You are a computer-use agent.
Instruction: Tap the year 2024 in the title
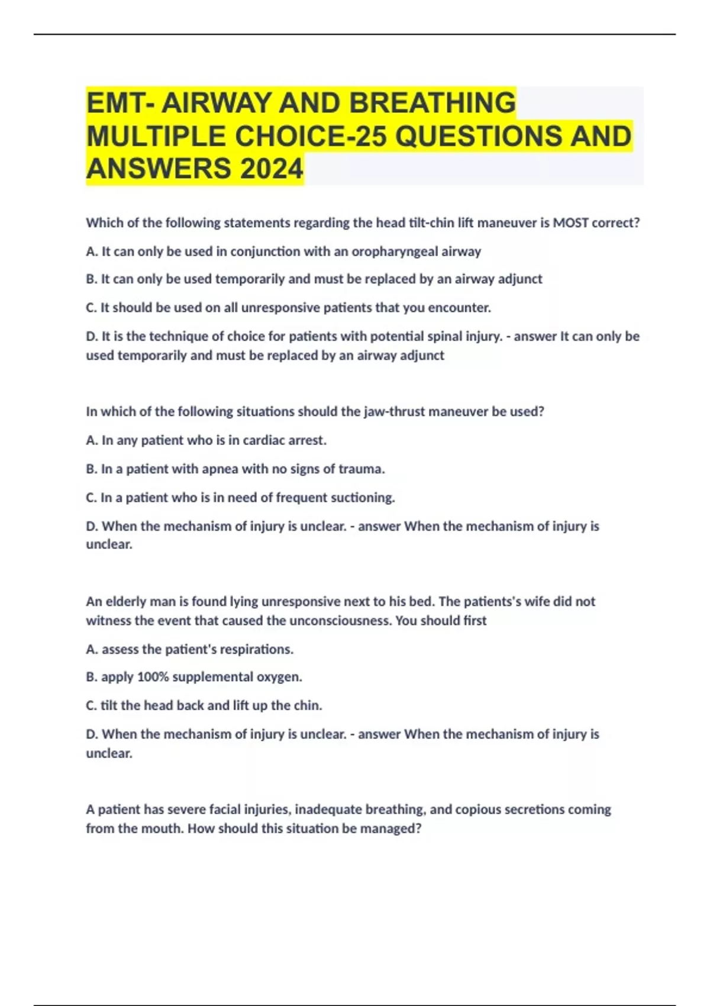pos(272,169)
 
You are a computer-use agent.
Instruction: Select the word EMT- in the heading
pos(121,103)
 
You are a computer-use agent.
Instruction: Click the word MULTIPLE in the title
pos(157,136)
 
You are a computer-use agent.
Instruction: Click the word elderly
pos(127,602)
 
